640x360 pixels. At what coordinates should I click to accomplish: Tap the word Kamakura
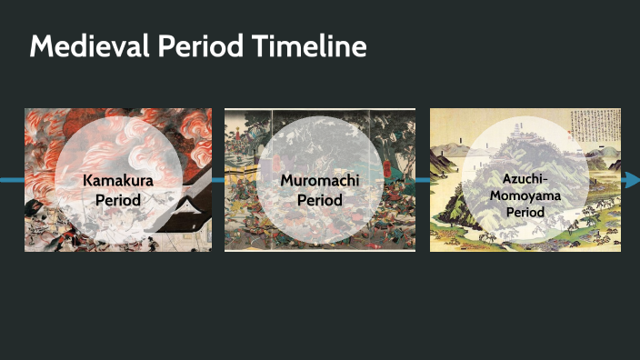point(118,180)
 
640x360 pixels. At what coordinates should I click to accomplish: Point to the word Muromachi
point(319,180)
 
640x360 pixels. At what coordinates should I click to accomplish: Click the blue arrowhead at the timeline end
point(631,180)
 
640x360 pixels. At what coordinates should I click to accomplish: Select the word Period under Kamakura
point(118,198)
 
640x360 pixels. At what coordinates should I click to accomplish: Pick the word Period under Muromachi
point(319,198)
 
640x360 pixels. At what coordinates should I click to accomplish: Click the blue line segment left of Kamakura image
point(12,180)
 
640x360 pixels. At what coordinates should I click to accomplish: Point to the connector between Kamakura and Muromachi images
point(218,180)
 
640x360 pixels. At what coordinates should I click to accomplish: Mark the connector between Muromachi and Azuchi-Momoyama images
point(423,180)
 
